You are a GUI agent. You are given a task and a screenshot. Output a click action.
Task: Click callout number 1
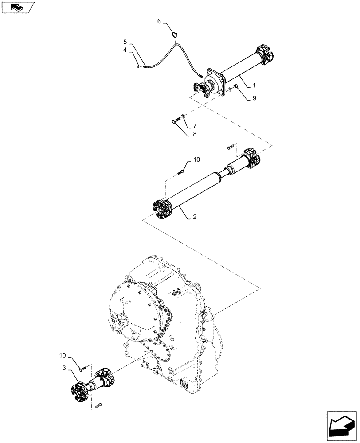pos(254,84)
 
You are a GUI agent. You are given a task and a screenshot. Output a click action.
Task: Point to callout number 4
pos(125,51)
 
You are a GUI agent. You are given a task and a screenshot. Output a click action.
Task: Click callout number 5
pos(125,42)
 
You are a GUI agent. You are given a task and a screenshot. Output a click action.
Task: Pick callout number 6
pos(159,20)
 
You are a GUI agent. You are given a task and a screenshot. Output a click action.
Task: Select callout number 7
pos(194,126)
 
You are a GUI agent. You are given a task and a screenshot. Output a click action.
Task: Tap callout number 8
pos(194,133)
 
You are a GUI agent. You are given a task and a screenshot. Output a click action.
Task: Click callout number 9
pos(254,98)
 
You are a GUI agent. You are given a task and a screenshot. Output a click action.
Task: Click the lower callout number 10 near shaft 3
pos(62,355)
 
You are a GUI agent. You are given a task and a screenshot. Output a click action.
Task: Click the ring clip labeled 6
pos(175,33)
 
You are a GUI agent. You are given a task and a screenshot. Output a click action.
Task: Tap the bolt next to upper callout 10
pos(182,170)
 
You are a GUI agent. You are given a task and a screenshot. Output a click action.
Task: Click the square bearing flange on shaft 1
pos(215,82)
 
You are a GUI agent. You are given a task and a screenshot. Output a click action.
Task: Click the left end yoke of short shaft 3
pos(80,389)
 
